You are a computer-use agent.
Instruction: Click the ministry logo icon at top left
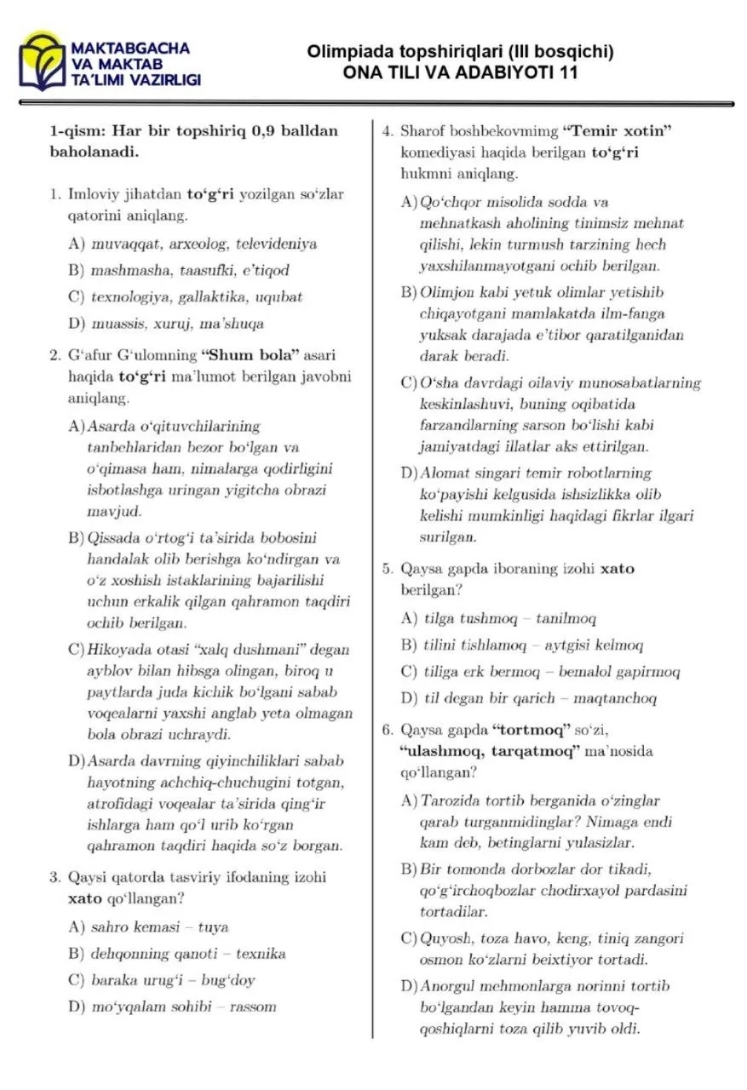43,60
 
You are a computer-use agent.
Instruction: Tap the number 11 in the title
568,72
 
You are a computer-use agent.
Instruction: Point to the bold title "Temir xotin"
618,131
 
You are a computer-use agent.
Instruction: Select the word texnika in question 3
261,953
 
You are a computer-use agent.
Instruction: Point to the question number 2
53,355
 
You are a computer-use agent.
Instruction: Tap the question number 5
386,569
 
